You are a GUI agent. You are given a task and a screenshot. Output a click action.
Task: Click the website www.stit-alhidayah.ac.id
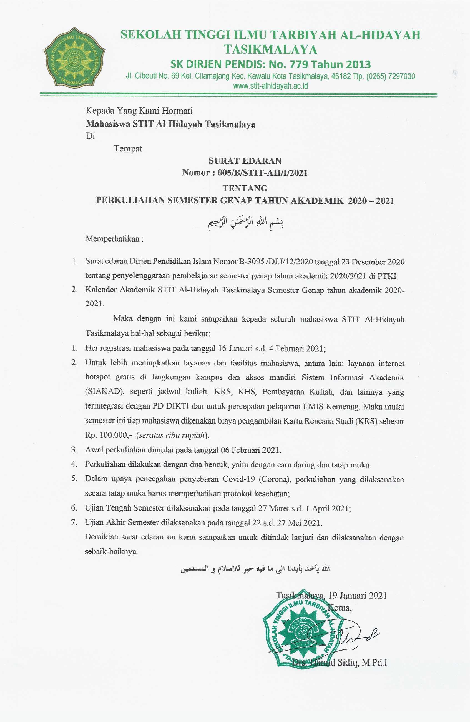pyautogui.click(x=270, y=86)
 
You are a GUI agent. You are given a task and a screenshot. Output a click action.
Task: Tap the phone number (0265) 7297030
pyautogui.click(x=390, y=76)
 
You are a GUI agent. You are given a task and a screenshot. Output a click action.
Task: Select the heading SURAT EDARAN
pyautogui.click(x=245, y=161)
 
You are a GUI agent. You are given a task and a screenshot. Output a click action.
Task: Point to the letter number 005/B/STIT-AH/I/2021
pyautogui.click(x=262, y=173)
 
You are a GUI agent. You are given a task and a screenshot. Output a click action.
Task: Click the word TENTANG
pyautogui.click(x=245, y=188)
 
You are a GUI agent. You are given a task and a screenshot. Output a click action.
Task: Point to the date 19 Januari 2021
pyautogui.click(x=358, y=596)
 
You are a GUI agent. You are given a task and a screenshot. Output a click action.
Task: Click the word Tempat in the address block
pyautogui.click(x=128, y=149)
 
